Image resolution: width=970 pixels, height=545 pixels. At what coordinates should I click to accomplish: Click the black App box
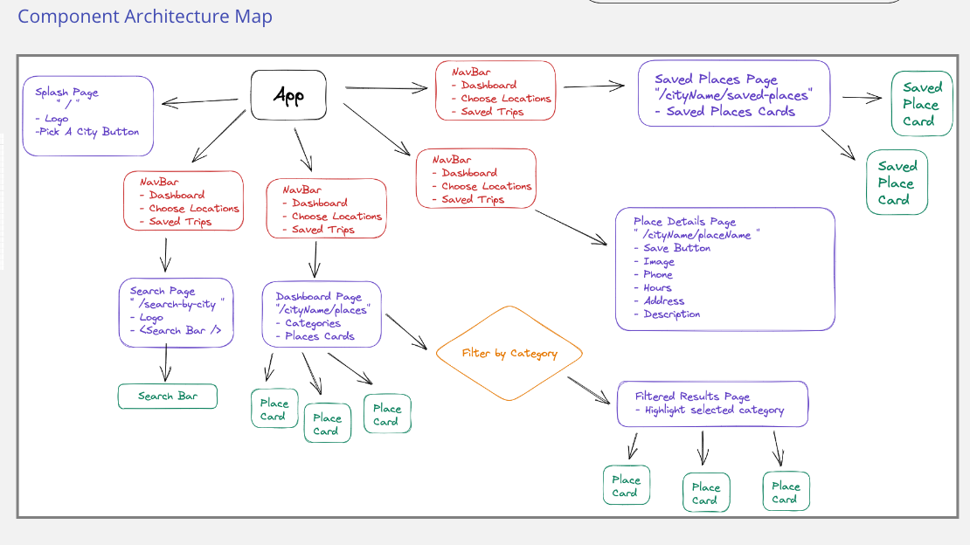click(288, 94)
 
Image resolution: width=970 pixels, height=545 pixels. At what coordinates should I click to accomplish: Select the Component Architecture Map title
click(145, 16)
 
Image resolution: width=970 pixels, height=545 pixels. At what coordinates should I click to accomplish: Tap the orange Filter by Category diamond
click(509, 353)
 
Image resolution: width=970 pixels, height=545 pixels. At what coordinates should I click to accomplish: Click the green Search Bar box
click(168, 396)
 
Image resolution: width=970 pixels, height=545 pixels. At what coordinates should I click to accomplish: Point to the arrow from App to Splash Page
click(200, 101)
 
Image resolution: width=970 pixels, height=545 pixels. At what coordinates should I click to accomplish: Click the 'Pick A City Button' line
click(87, 132)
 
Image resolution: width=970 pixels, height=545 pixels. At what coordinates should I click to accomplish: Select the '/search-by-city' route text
click(177, 304)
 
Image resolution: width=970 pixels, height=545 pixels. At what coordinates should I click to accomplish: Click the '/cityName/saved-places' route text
click(733, 95)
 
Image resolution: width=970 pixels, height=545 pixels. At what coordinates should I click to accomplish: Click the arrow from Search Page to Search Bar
click(166, 363)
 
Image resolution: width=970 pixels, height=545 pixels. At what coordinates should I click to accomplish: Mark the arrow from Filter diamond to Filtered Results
click(589, 390)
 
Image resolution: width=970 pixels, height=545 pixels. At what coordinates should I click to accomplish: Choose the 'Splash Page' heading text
click(66, 93)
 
